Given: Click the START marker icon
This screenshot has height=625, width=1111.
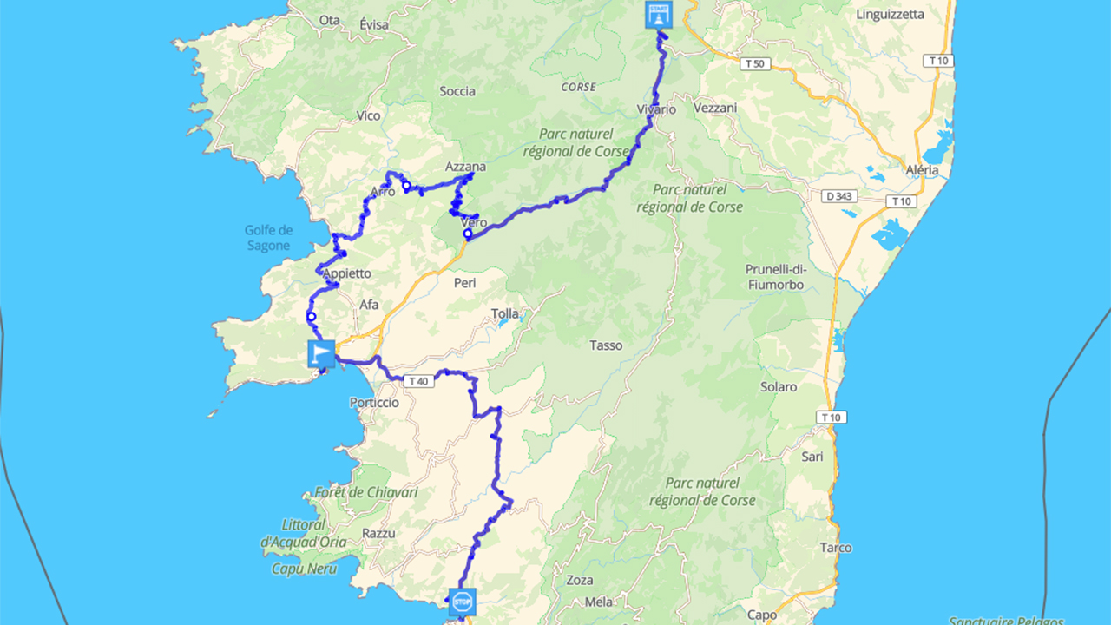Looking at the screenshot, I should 657,15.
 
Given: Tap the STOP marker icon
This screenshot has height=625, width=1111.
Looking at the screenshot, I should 462,600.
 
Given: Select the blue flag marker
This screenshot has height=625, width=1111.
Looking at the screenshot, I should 321,353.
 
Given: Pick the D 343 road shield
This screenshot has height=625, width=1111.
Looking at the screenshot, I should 841,196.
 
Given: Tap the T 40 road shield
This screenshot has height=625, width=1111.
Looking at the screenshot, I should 417,380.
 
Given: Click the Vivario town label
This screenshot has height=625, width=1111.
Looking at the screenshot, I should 656,109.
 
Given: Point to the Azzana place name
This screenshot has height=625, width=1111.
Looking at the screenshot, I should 465,167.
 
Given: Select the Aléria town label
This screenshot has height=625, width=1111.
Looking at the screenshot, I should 921,170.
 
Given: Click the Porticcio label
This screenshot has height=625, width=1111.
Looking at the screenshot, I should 374,402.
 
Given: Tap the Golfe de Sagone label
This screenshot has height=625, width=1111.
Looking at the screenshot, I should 269,238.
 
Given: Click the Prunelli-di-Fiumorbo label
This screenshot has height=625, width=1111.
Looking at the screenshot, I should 775,277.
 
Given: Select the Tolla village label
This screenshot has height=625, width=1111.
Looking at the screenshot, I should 505,313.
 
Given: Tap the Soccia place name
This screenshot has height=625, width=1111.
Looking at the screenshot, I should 457,91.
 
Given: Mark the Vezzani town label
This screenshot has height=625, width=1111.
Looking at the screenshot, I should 716,108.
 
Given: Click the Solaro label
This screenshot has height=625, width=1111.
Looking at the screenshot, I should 779,386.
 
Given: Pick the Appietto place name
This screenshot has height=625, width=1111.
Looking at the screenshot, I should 347,273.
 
